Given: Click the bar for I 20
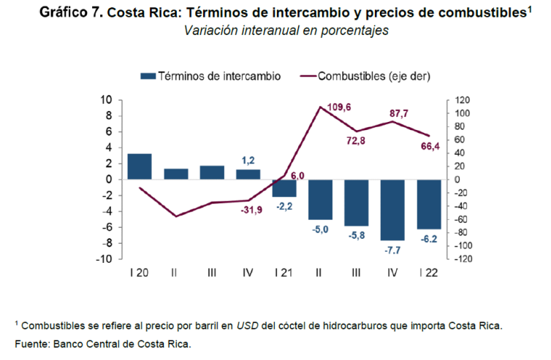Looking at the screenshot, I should (140, 166).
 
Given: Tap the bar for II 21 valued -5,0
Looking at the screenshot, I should (321, 199).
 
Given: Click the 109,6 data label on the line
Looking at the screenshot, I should (338, 107).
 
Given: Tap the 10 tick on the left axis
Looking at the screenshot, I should (106, 100).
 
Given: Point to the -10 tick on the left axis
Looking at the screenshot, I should (104, 259).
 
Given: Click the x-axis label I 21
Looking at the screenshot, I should (284, 272).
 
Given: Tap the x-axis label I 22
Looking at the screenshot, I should (429, 272).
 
